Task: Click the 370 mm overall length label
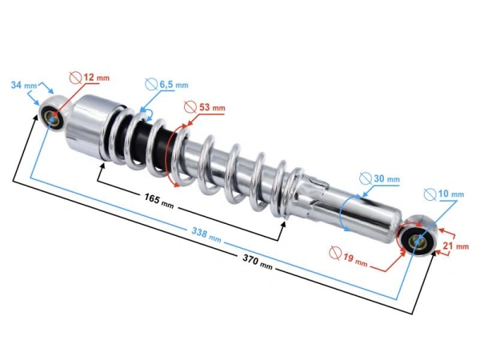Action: click(258, 262)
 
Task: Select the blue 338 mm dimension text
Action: click(206, 234)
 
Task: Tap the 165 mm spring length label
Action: click(159, 201)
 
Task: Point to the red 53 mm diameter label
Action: click(212, 107)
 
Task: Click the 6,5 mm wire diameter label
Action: click(174, 85)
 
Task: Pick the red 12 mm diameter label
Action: click(97, 77)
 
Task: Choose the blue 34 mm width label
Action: click(24, 85)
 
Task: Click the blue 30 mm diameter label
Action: click(387, 178)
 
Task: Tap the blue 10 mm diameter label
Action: click(451, 194)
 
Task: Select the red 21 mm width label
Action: click(456, 246)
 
